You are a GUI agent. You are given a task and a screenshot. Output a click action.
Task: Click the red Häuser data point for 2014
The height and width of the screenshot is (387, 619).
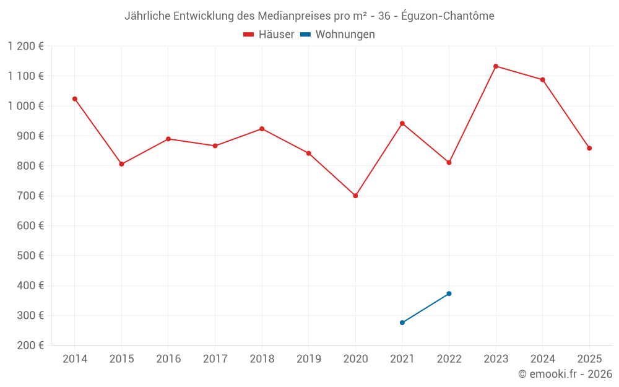(x=75, y=99)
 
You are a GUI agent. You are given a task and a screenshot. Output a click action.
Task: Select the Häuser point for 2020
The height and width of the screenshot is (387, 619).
(x=355, y=196)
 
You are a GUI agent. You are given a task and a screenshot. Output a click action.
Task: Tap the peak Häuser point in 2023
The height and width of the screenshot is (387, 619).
(x=496, y=66)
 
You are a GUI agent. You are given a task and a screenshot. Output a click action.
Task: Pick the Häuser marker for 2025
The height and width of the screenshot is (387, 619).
(x=589, y=148)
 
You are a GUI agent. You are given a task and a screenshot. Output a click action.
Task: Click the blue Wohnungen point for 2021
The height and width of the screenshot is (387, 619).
(x=402, y=323)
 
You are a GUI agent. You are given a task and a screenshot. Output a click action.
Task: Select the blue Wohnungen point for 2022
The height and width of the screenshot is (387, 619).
(x=449, y=294)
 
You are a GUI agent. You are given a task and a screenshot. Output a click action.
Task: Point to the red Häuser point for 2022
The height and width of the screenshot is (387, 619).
(x=449, y=162)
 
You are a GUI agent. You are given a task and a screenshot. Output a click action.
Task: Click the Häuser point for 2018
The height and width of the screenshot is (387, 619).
(x=262, y=129)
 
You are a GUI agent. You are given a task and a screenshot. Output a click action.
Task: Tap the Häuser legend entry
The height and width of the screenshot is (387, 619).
(x=269, y=35)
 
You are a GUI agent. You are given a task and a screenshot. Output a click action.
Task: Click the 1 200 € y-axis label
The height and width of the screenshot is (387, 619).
(x=26, y=46)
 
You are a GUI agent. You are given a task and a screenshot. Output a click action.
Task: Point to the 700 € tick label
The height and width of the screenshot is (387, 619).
(x=30, y=196)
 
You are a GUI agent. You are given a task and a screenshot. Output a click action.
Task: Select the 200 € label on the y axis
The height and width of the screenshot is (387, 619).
(x=30, y=345)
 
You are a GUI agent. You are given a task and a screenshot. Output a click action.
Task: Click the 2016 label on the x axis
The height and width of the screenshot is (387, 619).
(x=168, y=359)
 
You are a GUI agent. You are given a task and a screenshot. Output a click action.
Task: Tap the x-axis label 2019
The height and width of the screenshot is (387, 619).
(x=308, y=359)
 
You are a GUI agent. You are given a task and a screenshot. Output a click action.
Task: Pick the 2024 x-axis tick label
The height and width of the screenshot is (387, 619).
(x=542, y=359)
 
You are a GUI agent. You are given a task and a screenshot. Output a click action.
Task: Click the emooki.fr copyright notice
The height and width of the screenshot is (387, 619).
(x=565, y=374)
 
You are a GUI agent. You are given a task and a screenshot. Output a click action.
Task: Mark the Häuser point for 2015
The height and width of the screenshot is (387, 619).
(x=121, y=164)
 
